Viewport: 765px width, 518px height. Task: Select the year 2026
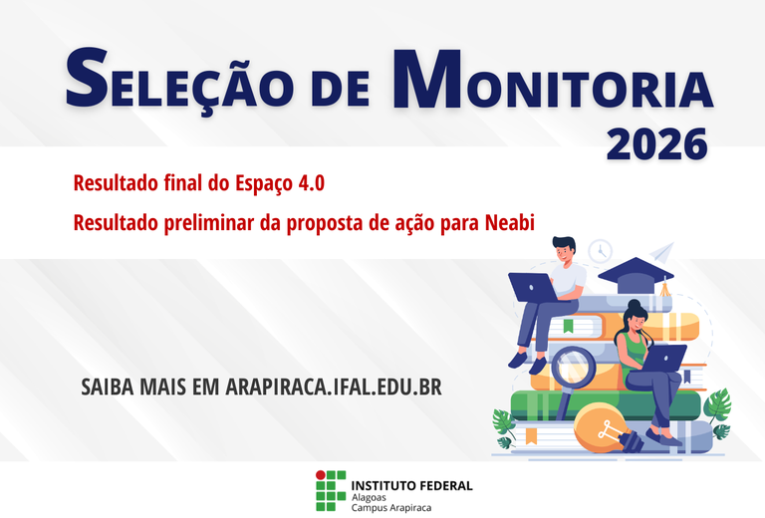[656, 145]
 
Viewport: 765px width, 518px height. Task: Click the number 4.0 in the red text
[309, 183]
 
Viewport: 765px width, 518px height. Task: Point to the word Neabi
[511, 223]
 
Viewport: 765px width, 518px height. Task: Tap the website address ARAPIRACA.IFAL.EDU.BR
[333, 387]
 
